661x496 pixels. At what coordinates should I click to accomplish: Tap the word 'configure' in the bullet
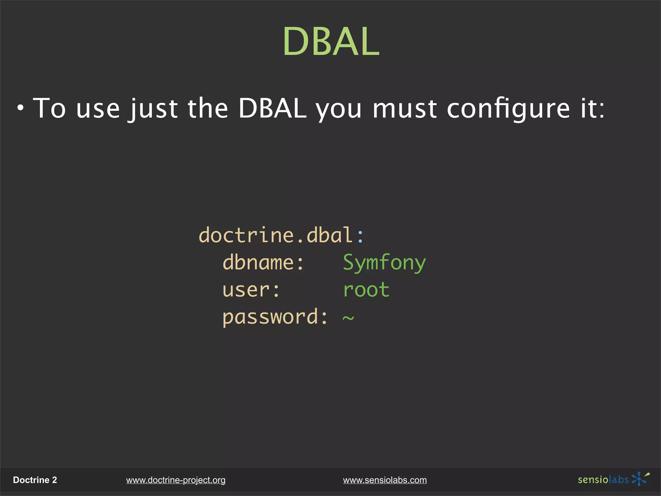pyautogui.click(x=508, y=109)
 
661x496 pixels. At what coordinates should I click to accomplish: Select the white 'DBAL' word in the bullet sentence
pyautogui.click(x=272, y=108)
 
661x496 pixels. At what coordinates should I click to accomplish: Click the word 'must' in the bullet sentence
pyautogui.click(x=405, y=109)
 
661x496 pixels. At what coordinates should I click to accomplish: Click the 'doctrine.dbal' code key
pyautogui.click(x=275, y=235)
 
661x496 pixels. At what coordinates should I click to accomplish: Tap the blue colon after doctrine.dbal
pyautogui.click(x=361, y=236)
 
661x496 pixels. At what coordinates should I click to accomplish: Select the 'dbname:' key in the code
pyautogui.click(x=263, y=262)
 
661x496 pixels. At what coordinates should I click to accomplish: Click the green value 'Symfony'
pyautogui.click(x=384, y=263)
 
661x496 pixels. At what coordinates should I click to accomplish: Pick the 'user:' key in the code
pyautogui.click(x=251, y=290)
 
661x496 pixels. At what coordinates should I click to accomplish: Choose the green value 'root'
pyautogui.click(x=366, y=290)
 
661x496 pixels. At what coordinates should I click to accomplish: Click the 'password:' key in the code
pyautogui.click(x=275, y=317)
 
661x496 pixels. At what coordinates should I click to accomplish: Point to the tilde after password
pyautogui.click(x=348, y=318)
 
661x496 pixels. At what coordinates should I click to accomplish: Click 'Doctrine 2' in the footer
pyautogui.click(x=35, y=480)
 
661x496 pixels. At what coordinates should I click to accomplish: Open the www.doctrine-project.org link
pyautogui.click(x=176, y=480)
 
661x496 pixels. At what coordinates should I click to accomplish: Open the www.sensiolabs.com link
pyautogui.click(x=385, y=480)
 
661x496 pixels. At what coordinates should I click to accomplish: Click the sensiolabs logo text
pyautogui.click(x=603, y=480)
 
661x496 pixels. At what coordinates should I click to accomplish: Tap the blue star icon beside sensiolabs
pyautogui.click(x=639, y=479)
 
